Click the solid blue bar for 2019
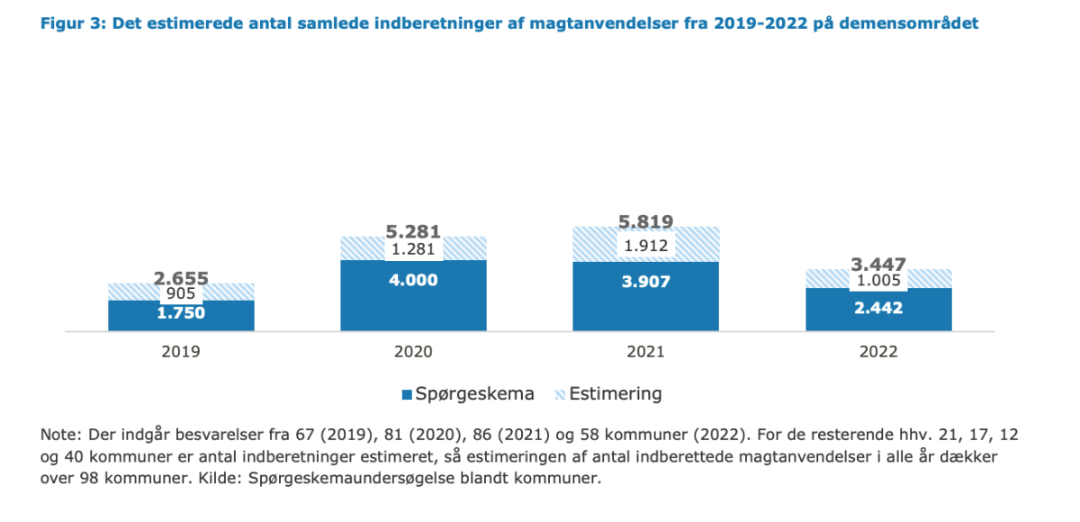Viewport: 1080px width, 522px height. [181, 316]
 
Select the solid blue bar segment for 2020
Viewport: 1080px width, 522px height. [413, 295]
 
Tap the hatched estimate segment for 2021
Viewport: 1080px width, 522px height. [645, 245]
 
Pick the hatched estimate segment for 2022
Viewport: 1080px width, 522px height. [878, 279]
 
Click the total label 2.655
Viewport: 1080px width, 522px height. [181, 278]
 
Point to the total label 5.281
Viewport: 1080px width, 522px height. [413, 232]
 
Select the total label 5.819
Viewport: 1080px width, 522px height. [645, 221]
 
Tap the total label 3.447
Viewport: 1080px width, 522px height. [878, 264]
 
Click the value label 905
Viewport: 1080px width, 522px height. [181, 293]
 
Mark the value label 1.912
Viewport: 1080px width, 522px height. [646, 246]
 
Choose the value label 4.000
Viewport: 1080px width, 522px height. [413, 280]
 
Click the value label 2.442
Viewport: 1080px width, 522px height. [878, 308]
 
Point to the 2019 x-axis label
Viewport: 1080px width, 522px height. [181, 352]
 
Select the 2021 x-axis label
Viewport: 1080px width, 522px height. [645, 352]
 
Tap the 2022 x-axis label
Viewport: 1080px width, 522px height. [878, 352]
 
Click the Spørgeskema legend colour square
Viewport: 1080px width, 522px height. [407, 395]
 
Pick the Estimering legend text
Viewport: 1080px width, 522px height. [616, 394]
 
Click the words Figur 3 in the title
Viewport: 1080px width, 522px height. [72, 23]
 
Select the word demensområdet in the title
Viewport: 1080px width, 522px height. [909, 23]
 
